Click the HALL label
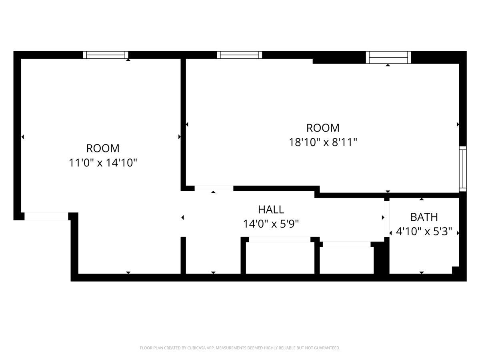[x=271, y=210]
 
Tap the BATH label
[x=424, y=217]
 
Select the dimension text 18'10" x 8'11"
[x=323, y=142]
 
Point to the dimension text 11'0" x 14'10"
[x=103, y=163]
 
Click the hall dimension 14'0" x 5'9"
[x=271, y=224]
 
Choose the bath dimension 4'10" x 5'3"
[x=424, y=232]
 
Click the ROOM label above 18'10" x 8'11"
[x=323, y=128]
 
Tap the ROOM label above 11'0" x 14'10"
[x=103, y=148]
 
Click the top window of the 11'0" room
[x=106, y=55]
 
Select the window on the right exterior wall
[x=463, y=169]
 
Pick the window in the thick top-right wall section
[x=388, y=58]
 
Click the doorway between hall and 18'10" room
[x=214, y=188]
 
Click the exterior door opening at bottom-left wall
[x=46, y=216]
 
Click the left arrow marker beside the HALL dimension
[x=182, y=218]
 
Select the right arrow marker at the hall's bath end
[x=383, y=218]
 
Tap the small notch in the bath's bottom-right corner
[x=455, y=270]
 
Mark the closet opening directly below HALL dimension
[x=280, y=239]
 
